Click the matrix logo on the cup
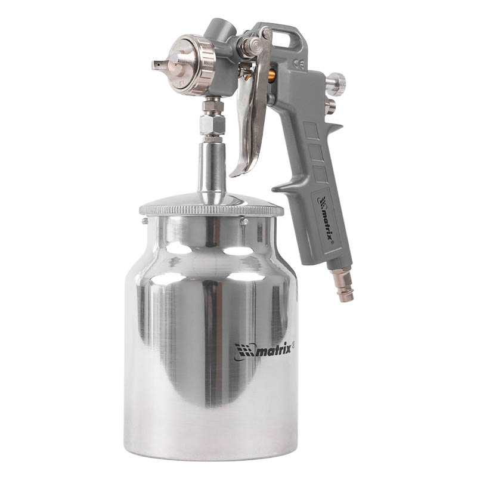tap(264, 351)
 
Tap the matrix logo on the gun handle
tap(326, 219)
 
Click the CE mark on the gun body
tap(299, 65)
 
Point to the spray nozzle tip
tap(159, 66)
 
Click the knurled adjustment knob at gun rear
tap(337, 81)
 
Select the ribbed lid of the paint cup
tap(212, 205)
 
